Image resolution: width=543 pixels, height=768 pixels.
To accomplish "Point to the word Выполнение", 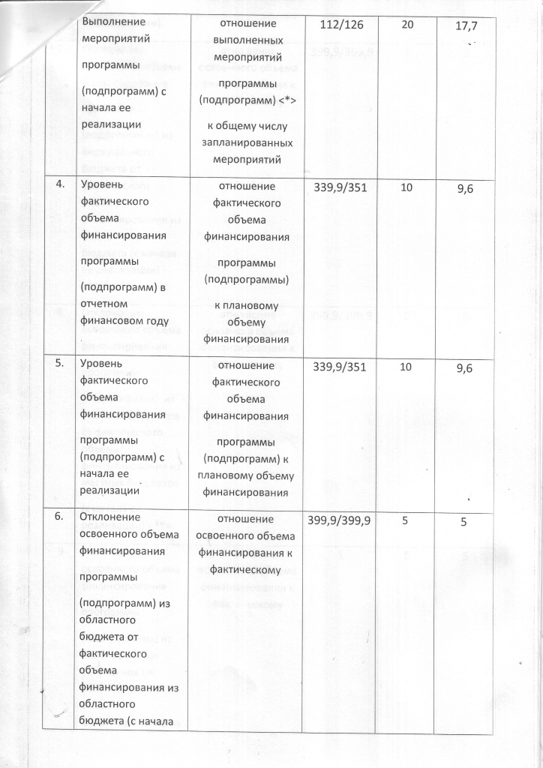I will point(113,23).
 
